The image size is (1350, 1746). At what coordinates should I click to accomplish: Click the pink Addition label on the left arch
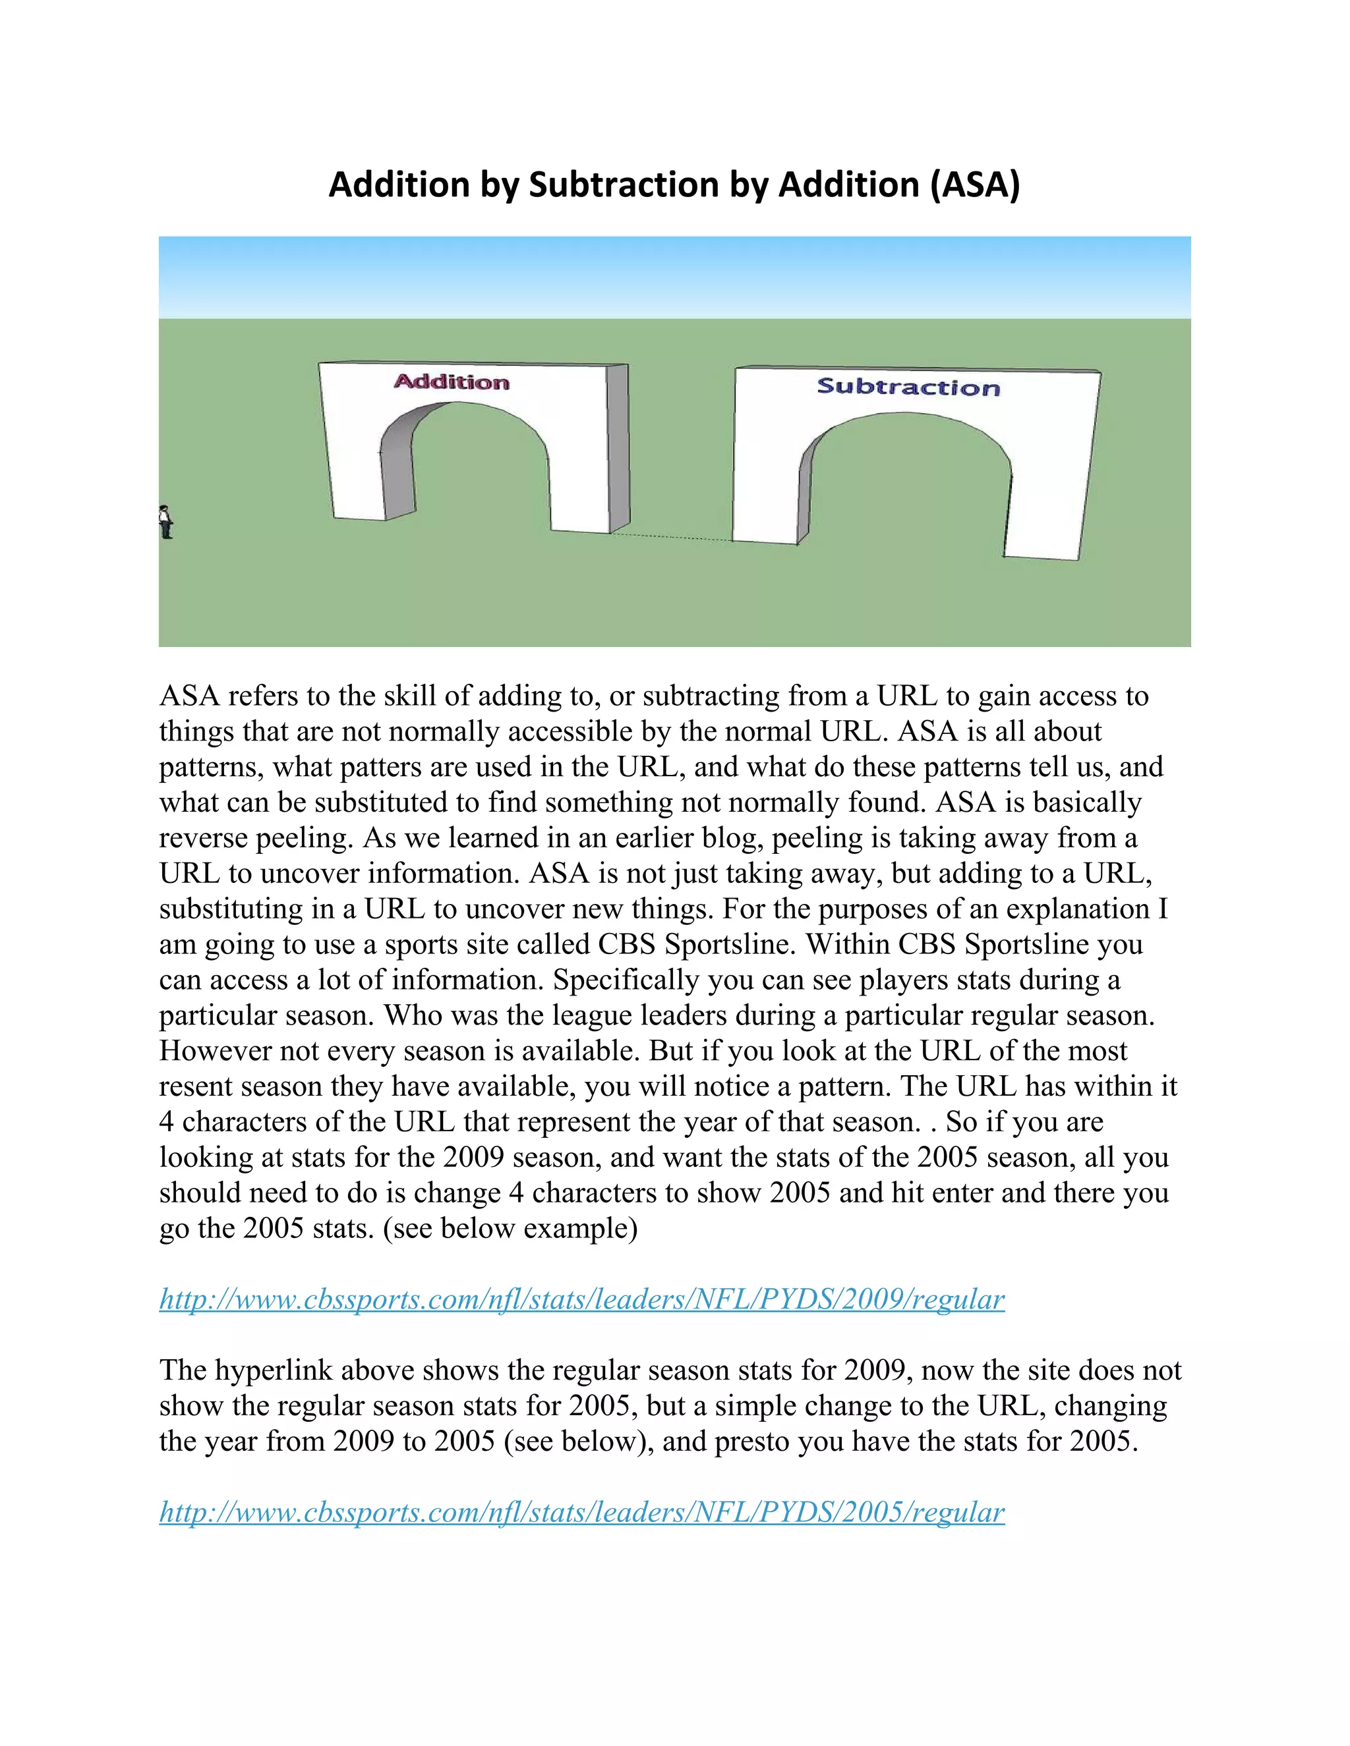(x=451, y=381)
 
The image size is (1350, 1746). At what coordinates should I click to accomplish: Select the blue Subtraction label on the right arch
(x=908, y=387)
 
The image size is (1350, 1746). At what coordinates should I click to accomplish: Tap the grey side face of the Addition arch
(x=618, y=447)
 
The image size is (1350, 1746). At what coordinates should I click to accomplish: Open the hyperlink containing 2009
(x=581, y=1299)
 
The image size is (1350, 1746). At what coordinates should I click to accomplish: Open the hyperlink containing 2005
(x=581, y=1511)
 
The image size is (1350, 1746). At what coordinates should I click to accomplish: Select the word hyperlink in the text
(x=274, y=1370)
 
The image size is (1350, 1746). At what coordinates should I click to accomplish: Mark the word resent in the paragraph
(x=199, y=1086)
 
